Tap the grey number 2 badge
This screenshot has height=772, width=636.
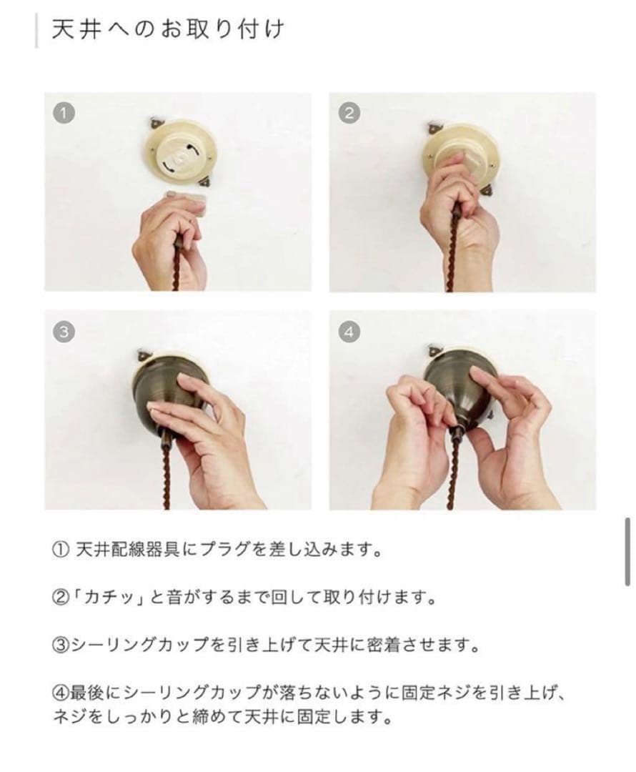click(x=350, y=113)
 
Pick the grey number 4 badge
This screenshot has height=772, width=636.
click(x=350, y=331)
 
